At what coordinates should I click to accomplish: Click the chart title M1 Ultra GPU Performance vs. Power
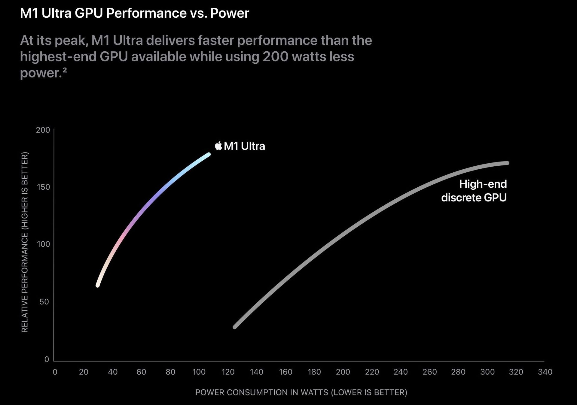point(134,13)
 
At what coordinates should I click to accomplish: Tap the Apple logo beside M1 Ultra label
point(218,146)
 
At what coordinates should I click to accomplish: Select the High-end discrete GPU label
point(474,191)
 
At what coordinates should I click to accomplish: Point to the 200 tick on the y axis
point(43,130)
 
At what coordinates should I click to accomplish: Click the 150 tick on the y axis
point(43,187)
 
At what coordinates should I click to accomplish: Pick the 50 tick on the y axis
point(44,302)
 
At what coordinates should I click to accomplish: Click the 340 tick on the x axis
point(545,372)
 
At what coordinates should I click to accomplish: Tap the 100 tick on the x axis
point(199,372)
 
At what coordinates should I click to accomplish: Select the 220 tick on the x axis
point(372,372)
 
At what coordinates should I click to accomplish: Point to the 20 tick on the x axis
point(84,372)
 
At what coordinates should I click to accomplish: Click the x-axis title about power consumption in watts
point(301,392)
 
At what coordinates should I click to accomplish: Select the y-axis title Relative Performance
point(25,242)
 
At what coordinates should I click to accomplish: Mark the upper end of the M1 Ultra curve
point(209,154)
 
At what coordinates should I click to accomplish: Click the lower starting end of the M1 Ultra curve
point(98,286)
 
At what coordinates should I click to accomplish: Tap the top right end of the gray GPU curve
point(507,163)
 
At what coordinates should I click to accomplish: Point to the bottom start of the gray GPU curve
point(235,327)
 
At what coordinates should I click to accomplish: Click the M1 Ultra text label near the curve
point(244,146)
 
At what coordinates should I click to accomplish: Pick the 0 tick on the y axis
point(47,359)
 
